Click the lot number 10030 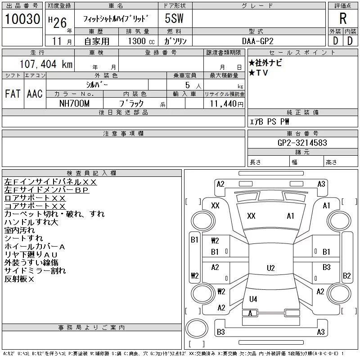tap(22, 19)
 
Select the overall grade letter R tap(343, 19)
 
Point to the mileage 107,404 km tap(46, 64)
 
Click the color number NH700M tap(75, 103)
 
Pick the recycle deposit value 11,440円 tap(224, 103)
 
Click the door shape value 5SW tap(174, 19)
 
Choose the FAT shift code tap(13, 94)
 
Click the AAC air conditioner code tap(35, 94)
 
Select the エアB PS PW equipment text tap(270, 121)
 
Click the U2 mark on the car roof tap(270, 268)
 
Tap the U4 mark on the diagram tap(253, 299)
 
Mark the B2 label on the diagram tap(347, 276)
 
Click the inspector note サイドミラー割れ tap(35, 270)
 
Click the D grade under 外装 tap(335, 40)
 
